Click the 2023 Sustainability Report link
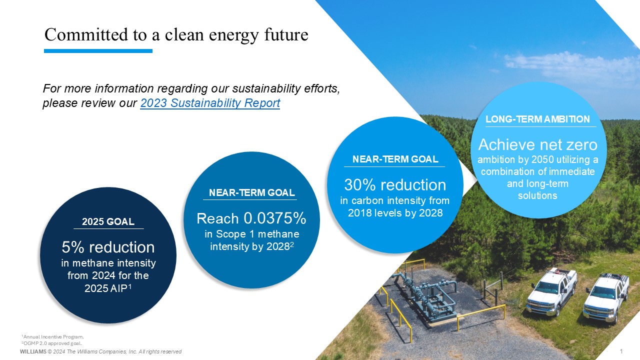[x=210, y=103]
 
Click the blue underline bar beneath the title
[x=98, y=51]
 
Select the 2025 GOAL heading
[x=108, y=221]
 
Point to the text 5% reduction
[x=108, y=247]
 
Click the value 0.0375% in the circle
[x=275, y=218]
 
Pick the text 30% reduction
[x=395, y=185]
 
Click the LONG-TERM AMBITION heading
[x=537, y=119]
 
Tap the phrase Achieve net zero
[x=537, y=144]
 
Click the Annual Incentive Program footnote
[x=52, y=337]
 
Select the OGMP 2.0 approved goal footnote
[x=51, y=343]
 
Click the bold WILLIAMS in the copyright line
[x=33, y=351]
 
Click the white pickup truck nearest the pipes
[x=551, y=291]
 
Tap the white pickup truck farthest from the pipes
[x=605, y=298]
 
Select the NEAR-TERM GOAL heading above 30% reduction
[x=395, y=159]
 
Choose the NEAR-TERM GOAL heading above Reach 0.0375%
[x=251, y=193]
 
